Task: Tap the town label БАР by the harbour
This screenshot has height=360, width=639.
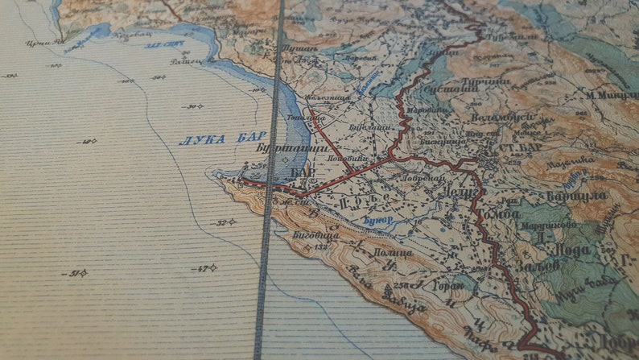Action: [302, 173]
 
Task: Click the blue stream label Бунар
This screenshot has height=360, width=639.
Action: [374, 220]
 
